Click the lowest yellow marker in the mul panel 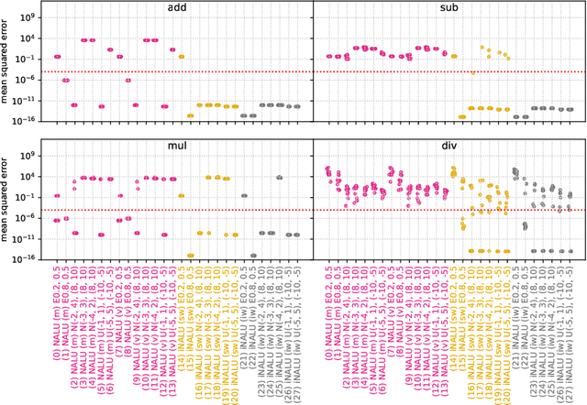pyautogui.click(x=190, y=256)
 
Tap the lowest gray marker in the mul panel pyautogui.click(x=253, y=255)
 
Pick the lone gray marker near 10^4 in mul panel pyautogui.click(x=280, y=177)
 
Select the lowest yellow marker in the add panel pyautogui.click(x=190, y=115)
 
